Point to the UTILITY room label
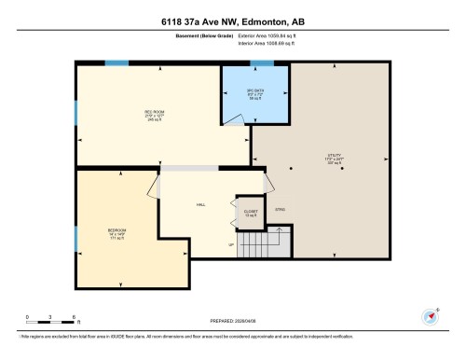click(334, 156)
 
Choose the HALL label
click(199, 205)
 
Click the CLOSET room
click(249, 212)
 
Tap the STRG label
click(280, 210)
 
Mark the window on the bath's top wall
click(261, 63)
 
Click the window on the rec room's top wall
click(116, 63)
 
